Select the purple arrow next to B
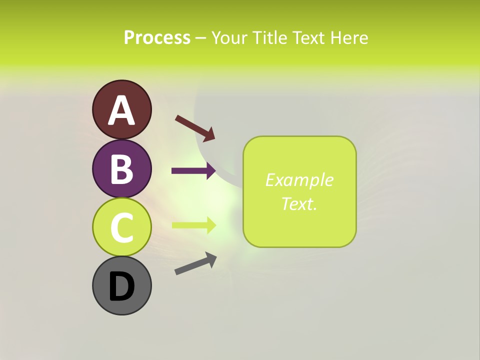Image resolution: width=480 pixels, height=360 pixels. click(x=193, y=171)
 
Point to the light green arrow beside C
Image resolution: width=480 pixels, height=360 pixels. click(x=193, y=225)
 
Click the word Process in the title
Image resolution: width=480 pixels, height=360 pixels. click(x=157, y=37)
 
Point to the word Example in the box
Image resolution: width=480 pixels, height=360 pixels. click(x=299, y=180)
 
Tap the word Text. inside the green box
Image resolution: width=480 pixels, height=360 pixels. click(x=299, y=203)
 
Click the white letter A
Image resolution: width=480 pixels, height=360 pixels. click(x=122, y=110)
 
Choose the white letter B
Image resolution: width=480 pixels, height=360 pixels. click(x=122, y=169)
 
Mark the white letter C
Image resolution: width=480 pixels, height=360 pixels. click(x=122, y=227)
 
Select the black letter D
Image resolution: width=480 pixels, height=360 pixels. click(x=122, y=286)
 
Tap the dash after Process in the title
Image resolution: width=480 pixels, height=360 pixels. click(x=201, y=38)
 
